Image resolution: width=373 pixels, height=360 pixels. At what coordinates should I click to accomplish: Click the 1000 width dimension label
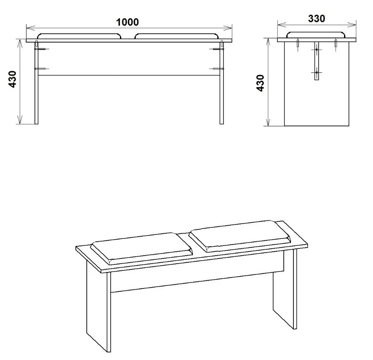pos(128,22)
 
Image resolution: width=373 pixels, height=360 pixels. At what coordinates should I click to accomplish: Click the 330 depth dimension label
pos(317,19)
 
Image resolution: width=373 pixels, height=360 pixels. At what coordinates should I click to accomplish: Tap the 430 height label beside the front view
pos(12,79)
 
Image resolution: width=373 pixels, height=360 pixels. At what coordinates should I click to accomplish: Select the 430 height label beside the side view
pos(260,83)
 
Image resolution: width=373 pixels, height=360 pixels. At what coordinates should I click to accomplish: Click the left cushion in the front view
pos(79,36)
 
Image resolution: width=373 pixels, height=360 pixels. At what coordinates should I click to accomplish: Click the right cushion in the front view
pos(177,36)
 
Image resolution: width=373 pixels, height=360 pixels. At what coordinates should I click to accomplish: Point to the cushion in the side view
pos(317,35)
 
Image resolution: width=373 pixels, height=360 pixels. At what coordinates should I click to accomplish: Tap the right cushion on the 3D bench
pos(240,236)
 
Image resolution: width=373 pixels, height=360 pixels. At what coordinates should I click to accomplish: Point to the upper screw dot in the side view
pos(317,50)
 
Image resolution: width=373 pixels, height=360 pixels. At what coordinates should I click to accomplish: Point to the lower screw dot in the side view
pos(317,72)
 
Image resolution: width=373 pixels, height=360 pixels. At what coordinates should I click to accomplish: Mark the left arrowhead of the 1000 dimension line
pos(30,28)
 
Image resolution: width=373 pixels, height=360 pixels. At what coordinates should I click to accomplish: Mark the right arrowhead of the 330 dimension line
pos(352,24)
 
